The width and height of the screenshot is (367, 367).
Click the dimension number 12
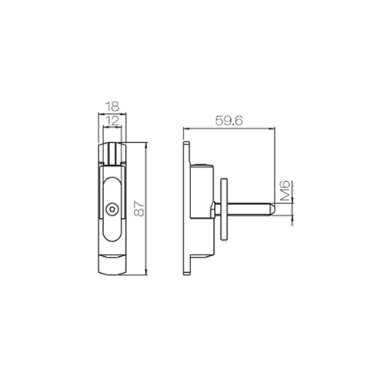(112, 122)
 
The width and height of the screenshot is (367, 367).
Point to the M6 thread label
(284, 190)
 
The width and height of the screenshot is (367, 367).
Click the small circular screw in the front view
(112, 207)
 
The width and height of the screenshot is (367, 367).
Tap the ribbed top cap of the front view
(112, 152)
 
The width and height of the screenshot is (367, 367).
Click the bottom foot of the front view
(112, 265)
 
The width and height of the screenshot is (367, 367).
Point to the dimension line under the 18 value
(112, 115)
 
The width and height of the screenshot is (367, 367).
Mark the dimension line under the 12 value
(112, 127)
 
